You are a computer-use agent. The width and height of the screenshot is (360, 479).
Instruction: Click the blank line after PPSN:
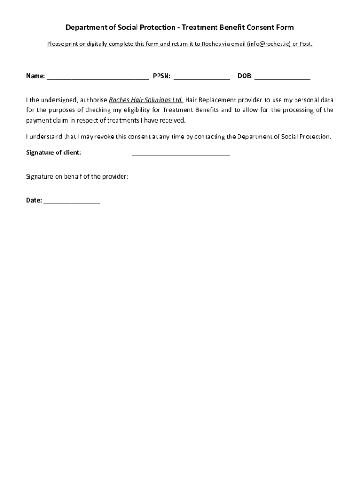click(202, 78)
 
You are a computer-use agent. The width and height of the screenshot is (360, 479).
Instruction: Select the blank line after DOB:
click(282, 78)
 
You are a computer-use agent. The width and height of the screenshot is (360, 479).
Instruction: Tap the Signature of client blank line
click(181, 154)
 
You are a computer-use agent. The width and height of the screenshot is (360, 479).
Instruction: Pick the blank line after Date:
click(72, 202)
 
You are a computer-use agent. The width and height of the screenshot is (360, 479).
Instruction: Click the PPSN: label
click(161, 76)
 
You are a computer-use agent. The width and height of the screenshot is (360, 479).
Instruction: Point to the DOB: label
click(245, 76)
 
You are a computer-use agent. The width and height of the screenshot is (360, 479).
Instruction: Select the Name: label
click(36, 76)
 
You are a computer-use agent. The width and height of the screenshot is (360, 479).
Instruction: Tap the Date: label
click(34, 200)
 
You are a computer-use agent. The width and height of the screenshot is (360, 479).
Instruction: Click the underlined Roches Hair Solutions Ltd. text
click(146, 100)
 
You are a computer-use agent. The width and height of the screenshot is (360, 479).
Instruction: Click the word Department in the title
click(85, 28)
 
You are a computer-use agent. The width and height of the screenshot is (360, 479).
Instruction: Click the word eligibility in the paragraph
click(132, 110)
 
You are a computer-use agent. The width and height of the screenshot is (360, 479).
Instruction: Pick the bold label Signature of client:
click(53, 152)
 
